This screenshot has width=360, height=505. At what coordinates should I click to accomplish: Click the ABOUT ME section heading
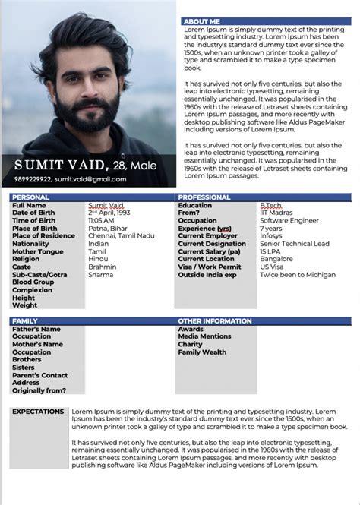pos(202,21)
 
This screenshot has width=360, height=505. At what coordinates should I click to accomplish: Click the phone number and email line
pos(70,179)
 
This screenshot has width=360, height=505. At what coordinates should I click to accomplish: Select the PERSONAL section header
pos(31,197)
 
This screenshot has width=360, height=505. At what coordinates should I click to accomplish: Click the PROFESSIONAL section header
pos(204,197)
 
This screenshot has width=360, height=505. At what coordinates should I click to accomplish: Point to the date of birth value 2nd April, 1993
pos(109,213)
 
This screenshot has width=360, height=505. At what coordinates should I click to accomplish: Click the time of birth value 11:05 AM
pos(102,220)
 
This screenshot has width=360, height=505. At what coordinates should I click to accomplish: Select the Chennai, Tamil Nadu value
pos(121,235)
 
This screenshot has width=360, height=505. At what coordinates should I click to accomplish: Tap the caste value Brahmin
pos(102,267)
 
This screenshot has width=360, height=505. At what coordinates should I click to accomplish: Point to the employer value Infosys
pos(270,235)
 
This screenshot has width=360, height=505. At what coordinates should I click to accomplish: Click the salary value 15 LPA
pos(270,251)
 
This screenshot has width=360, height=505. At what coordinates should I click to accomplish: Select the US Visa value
pos(272,267)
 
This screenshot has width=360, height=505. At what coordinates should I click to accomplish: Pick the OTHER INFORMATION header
pos(215,321)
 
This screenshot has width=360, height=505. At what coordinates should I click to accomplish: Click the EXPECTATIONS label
pos(38,412)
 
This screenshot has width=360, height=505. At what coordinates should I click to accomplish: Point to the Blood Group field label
pos(33,282)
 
